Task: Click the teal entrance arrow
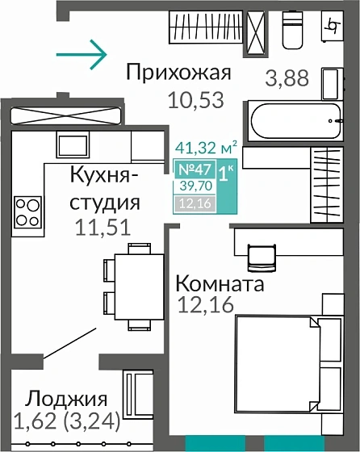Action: (81, 55)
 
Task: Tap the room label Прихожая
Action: (178, 73)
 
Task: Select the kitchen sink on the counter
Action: (71, 144)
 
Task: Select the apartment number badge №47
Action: (193, 169)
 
